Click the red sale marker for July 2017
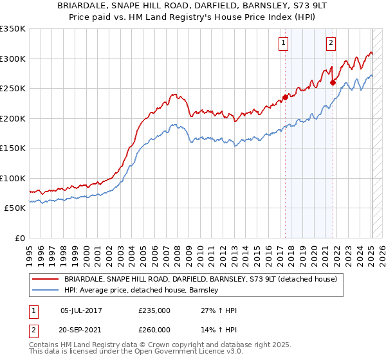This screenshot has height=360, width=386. tap(285, 98)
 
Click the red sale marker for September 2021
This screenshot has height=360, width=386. tap(333, 82)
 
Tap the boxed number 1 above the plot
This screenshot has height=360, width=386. tap(283, 43)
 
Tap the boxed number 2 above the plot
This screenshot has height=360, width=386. tap(331, 43)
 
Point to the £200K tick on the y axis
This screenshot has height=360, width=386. tap(12, 118)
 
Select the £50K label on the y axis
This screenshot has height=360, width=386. tap(15, 208)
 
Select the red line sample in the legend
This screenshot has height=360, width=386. tap(46, 279)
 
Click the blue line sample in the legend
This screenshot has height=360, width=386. tap(46, 290)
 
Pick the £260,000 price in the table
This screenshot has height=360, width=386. tap(154, 330)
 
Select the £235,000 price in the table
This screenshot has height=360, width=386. tap(154, 310)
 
